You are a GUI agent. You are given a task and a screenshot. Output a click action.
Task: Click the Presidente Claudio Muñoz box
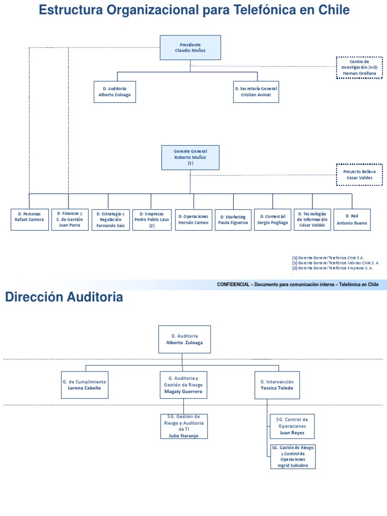pyautogui.click(x=190, y=48)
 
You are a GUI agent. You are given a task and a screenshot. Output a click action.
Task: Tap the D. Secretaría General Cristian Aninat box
pyautogui.click(x=256, y=92)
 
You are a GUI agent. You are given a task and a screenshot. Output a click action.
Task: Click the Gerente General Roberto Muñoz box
pyautogui.click(x=190, y=157)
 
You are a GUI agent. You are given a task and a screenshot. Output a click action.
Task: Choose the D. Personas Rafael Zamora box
pyautogui.click(x=30, y=220)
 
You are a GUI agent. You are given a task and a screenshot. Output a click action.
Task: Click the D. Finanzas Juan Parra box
pyautogui.click(x=69, y=220)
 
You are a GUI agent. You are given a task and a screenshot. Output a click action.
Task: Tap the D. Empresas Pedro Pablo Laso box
pyautogui.click(x=152, y=220)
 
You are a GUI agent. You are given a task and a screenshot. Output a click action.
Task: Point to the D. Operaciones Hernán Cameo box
pyautogui.click(x=193, y=220)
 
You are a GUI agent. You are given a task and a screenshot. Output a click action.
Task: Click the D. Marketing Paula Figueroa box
pyautogui.click(x=233, y=220)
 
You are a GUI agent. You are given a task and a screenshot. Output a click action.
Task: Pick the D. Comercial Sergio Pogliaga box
pyautogui.click(x=273, y=220)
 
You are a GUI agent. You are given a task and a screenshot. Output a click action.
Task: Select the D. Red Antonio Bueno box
pyautogui.click(x=352, y=220)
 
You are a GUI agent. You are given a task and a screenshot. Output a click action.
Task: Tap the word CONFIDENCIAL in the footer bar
pyautogui.click(x=233, y=284)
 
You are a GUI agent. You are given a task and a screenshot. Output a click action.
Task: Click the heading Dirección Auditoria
pyautogui.click(x=64, y=298)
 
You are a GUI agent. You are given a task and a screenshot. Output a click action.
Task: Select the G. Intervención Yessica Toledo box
pyautogui.click(x=273, y=385)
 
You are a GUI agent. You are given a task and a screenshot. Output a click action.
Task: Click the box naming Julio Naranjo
pyautogui.click(x=183, y=426)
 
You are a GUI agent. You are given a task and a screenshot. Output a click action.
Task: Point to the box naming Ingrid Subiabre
pyautogui.click(x=293, y=457)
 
